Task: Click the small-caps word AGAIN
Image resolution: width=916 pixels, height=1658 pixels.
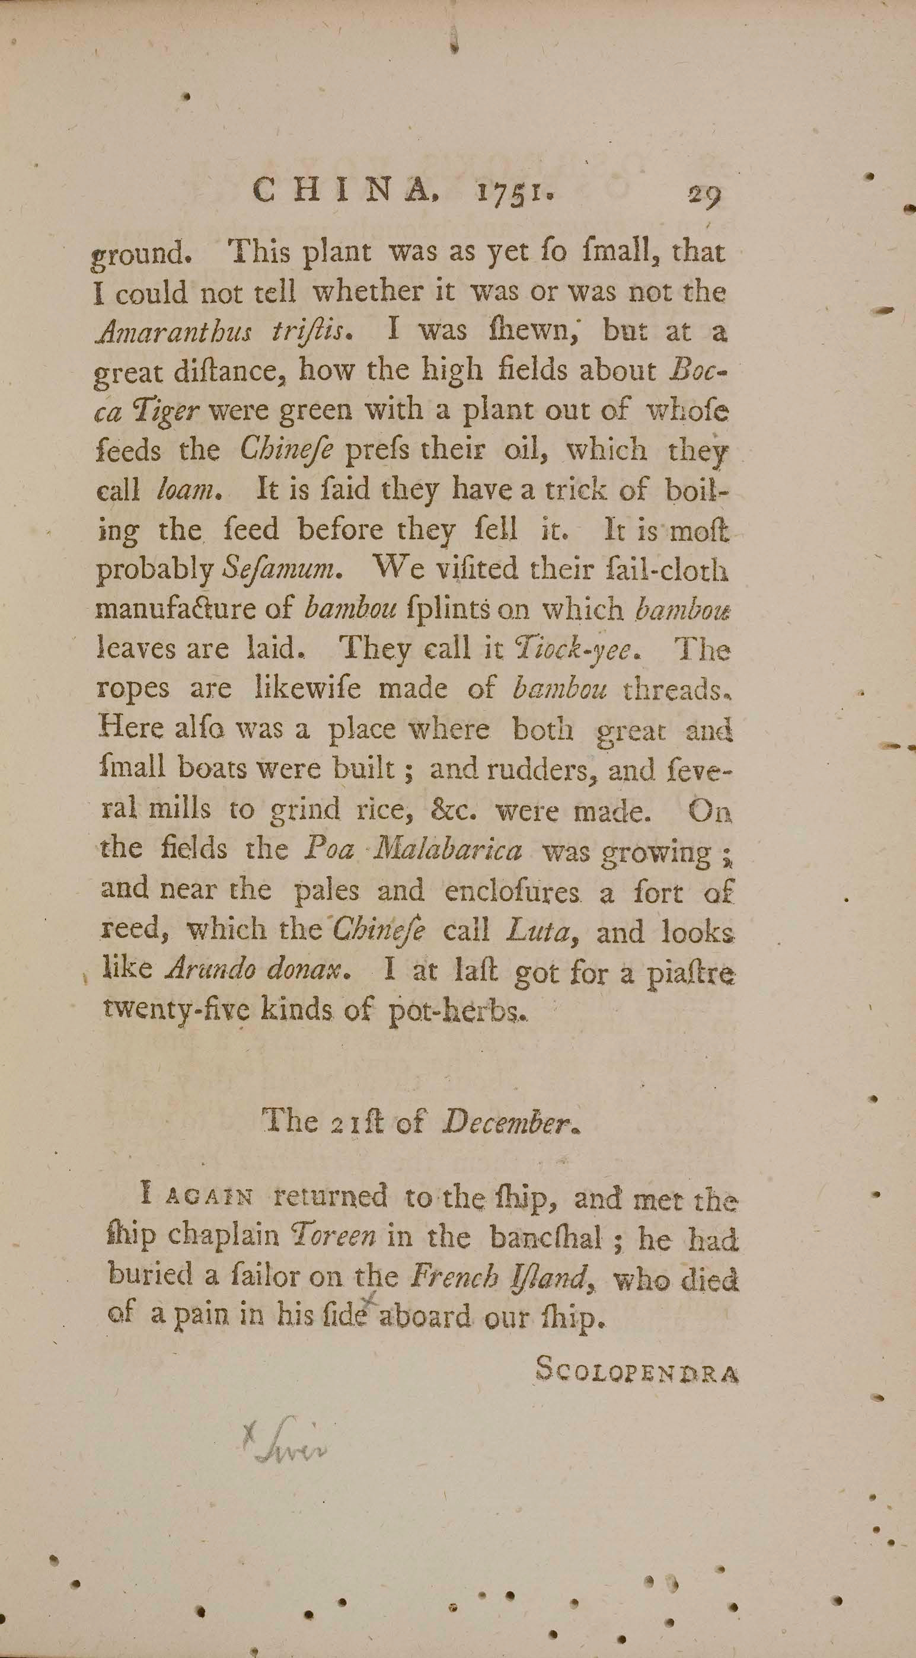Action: point(209,1199)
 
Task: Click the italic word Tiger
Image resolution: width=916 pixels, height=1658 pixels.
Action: point(166,412)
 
